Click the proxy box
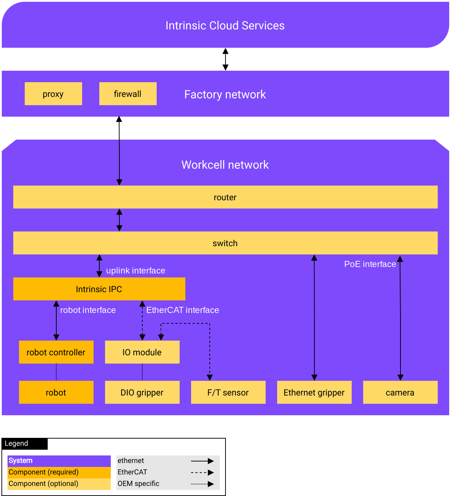pyautogui.click(x=53, y=94)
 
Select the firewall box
pyautogui.click(x=128, y=94)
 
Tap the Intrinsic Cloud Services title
pyautogui.click(x=225, y=25)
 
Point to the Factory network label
pyautogui.click(x=225, y=94)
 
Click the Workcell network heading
pyautogui.click(x=225, y=165)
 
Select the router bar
pyautogui.click(x=225, y=197)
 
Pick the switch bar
pyautogui.click(x=225, y=243)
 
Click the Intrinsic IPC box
pyautogui.click(x=99, y=289)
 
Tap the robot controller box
pyautogui.click(x=56, y=352)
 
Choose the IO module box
pyautogui.click(x=142, y=352)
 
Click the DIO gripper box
pyautogui.click(x=142, y=392)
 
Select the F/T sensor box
pyautogui.click(x=228, y=392)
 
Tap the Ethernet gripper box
pyautogui.click(x=314, y=392)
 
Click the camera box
pyautogui.click(x=400, y=392)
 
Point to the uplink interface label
pyautogui.click(x=136, y=271)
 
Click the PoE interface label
pyautogui.click(x=370, y=264)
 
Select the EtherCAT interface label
pyautogui.click(x=182, y=310)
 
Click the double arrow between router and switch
pyautogui.click(x=119, y=220)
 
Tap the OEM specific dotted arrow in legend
pyautogui.click(x=202, y=484)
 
